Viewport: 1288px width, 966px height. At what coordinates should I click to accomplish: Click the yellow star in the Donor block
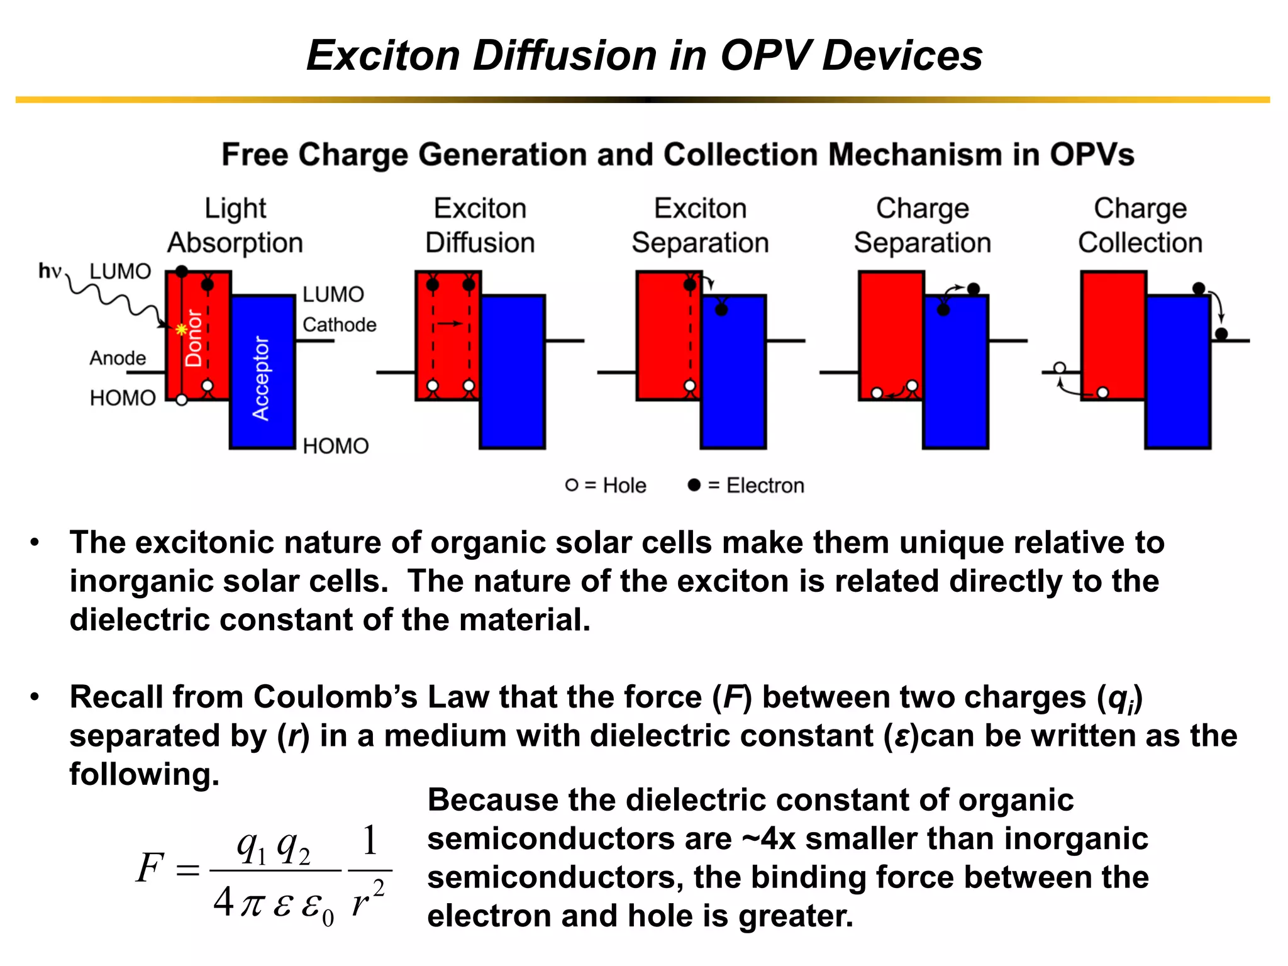[181, 329]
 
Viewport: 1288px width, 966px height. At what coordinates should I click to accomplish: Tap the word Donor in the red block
[194, 338]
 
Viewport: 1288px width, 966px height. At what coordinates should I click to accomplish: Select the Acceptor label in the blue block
[260, 378]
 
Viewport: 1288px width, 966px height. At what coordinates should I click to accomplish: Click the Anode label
[118, 358]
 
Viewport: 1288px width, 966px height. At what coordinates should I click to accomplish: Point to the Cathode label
[339, 325]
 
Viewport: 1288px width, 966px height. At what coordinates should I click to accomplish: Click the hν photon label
[50, 271]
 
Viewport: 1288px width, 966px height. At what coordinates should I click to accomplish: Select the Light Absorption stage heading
[235, 225]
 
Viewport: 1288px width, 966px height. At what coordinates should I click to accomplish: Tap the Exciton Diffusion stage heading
[480, 225]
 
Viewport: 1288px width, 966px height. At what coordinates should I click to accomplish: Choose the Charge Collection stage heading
[1140, 225]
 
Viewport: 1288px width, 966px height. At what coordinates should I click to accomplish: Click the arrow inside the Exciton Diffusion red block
[450, 323]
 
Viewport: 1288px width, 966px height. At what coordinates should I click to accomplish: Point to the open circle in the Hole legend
[571, 485]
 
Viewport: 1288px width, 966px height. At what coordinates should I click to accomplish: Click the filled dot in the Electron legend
[694, 485]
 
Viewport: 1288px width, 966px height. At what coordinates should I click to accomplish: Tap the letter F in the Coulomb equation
[150, 868]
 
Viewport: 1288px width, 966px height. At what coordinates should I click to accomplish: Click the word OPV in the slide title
[764, 55]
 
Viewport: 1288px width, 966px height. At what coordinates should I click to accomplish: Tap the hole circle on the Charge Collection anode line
[1060, 368]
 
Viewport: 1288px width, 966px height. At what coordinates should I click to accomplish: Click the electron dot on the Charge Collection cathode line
[1221, 333]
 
